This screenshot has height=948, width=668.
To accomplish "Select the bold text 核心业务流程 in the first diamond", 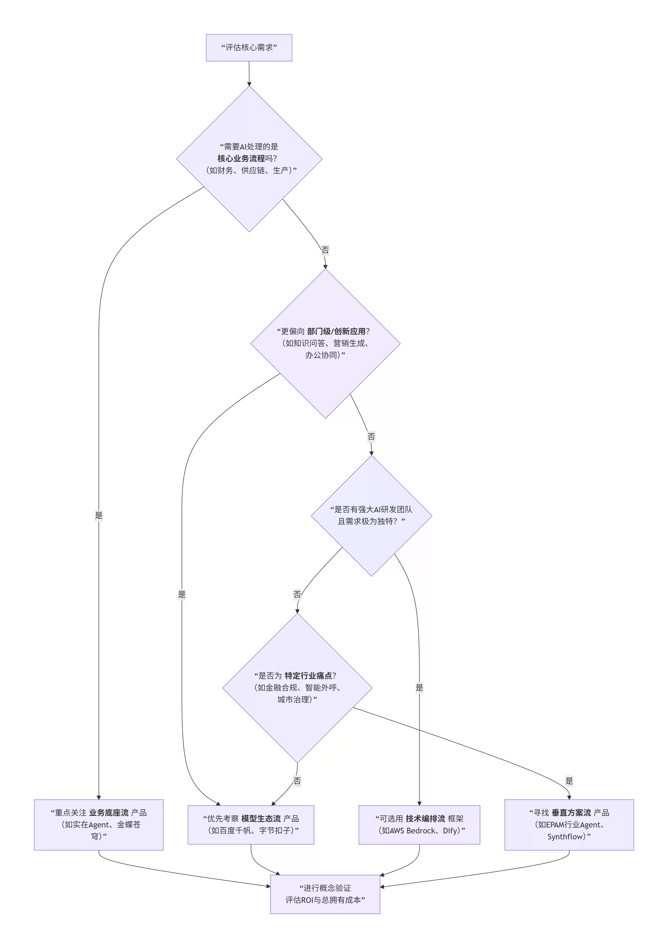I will (x=241, y=159).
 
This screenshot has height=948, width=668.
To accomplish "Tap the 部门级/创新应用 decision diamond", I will (x=325, y=343).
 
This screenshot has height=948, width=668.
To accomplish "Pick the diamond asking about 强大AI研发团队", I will (x=371, y=516).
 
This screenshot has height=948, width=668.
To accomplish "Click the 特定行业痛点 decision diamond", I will (x=297, y=688).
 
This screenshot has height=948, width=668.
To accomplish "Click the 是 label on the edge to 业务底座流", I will (x=99, y=515).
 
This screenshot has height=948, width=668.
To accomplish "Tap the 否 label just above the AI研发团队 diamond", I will (x=371, y=436).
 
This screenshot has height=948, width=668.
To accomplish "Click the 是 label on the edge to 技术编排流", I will (x=419, y=687).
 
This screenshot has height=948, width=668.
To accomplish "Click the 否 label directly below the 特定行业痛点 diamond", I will (x=297, y=781).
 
